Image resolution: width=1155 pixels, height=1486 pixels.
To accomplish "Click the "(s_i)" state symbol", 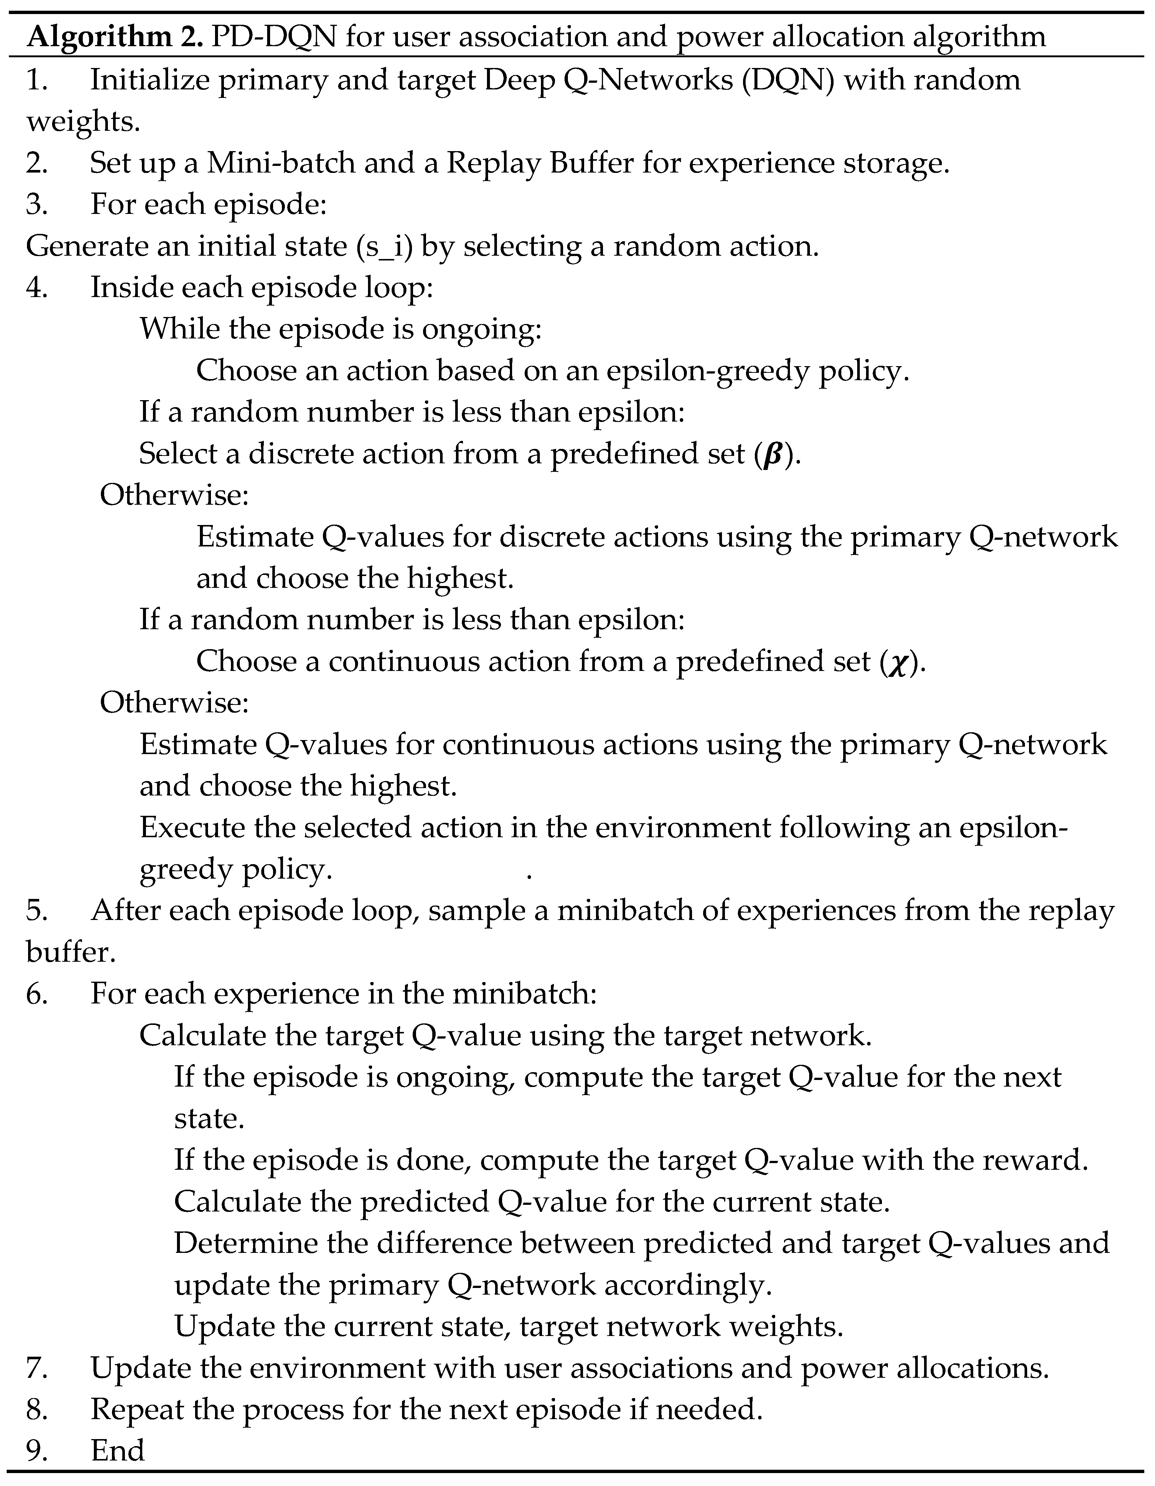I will click(385, 246).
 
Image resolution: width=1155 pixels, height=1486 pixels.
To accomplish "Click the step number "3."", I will click(37, 205).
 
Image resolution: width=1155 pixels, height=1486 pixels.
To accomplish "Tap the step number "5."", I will click(37, 910).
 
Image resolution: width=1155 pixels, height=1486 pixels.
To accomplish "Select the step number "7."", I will click(37, 1368).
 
